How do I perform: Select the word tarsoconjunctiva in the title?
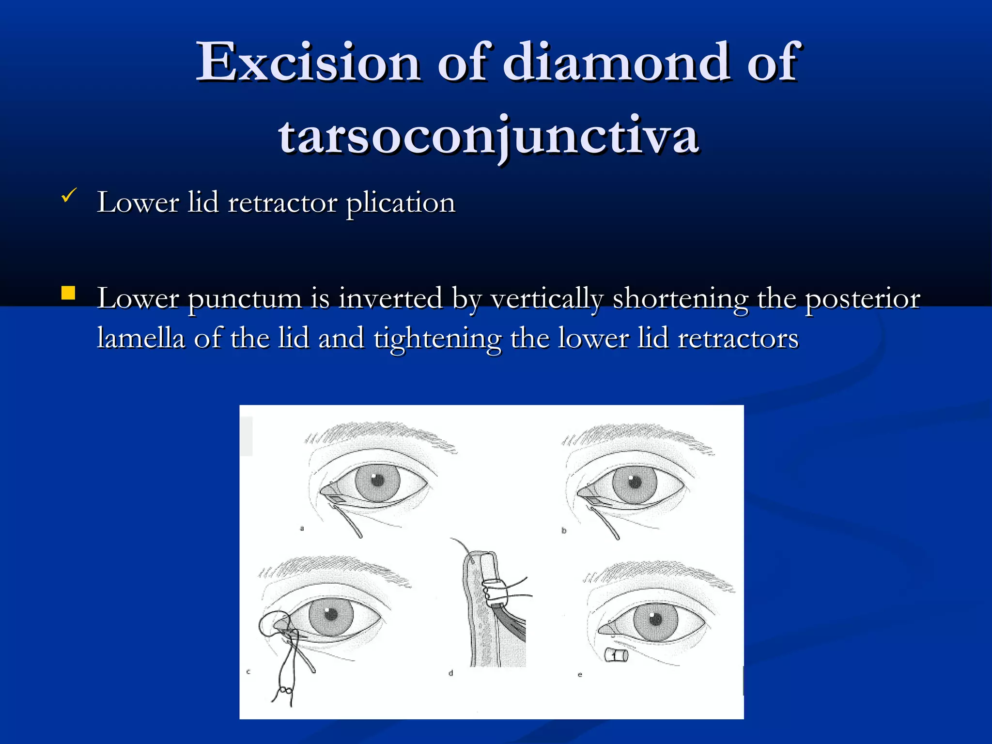488,136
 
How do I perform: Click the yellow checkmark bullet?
69,196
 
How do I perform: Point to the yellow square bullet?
68,293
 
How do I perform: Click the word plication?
401,202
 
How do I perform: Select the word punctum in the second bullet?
245,298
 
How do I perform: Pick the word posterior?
862,298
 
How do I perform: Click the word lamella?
141,338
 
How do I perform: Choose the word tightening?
437,339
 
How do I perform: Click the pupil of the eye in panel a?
378,480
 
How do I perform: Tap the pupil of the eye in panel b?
635,481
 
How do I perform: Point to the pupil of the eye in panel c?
331,615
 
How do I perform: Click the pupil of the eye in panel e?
655,619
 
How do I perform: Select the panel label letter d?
451,673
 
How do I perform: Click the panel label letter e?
580,674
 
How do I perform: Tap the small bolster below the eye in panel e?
617,656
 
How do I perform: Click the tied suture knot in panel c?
285,690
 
